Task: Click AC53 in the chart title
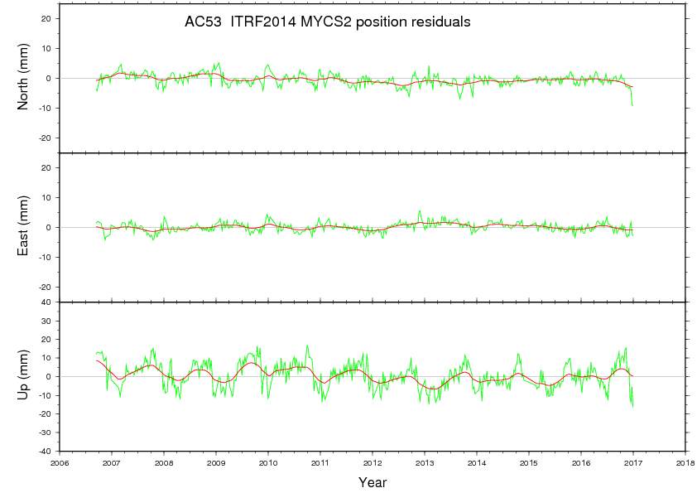203,22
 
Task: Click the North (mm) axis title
24,78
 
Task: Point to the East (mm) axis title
24,227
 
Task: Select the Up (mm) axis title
24,376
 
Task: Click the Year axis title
373,481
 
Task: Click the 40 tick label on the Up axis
47,302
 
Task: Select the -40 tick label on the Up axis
46,451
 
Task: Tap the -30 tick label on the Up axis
46,433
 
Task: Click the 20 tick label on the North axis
47,18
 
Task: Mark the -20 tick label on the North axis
46,138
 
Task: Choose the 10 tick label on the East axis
47,197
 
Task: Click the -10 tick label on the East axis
46,257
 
